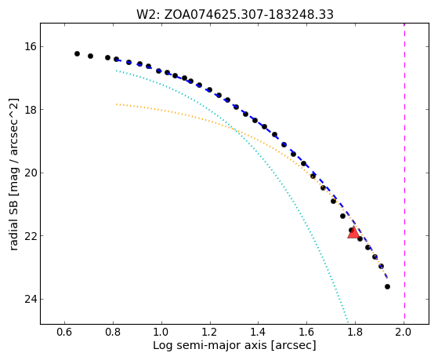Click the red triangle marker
click(x=353, y=233)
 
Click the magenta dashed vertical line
click(x=404, y=173)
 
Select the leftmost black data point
click(x=77, y=53)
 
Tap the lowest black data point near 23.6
click(x=387, y=287)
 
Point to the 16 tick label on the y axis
click(x=31, y=46)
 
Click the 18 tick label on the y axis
click(x=31, y=109)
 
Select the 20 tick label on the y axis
click(x=31, y=173)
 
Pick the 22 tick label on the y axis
click(x=31, y=236)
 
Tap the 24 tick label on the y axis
click(x=31, y=299)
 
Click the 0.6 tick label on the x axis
click(x=64, y=332)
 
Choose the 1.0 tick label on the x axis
click(x=161, y=332)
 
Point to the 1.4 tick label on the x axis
click(x=258, y=332)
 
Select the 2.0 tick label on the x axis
click(x=404, y=332)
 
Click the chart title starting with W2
click(x=234, y=14)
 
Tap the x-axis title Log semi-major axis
click(x=234, y=346)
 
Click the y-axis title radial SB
click(x=13, y=174)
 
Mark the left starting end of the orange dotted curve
click(x=117, y=104)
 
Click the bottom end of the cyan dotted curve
click(x=348, y=321)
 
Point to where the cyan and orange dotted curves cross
click(x=233, y=129)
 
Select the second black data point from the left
click(x=91, y=56)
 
